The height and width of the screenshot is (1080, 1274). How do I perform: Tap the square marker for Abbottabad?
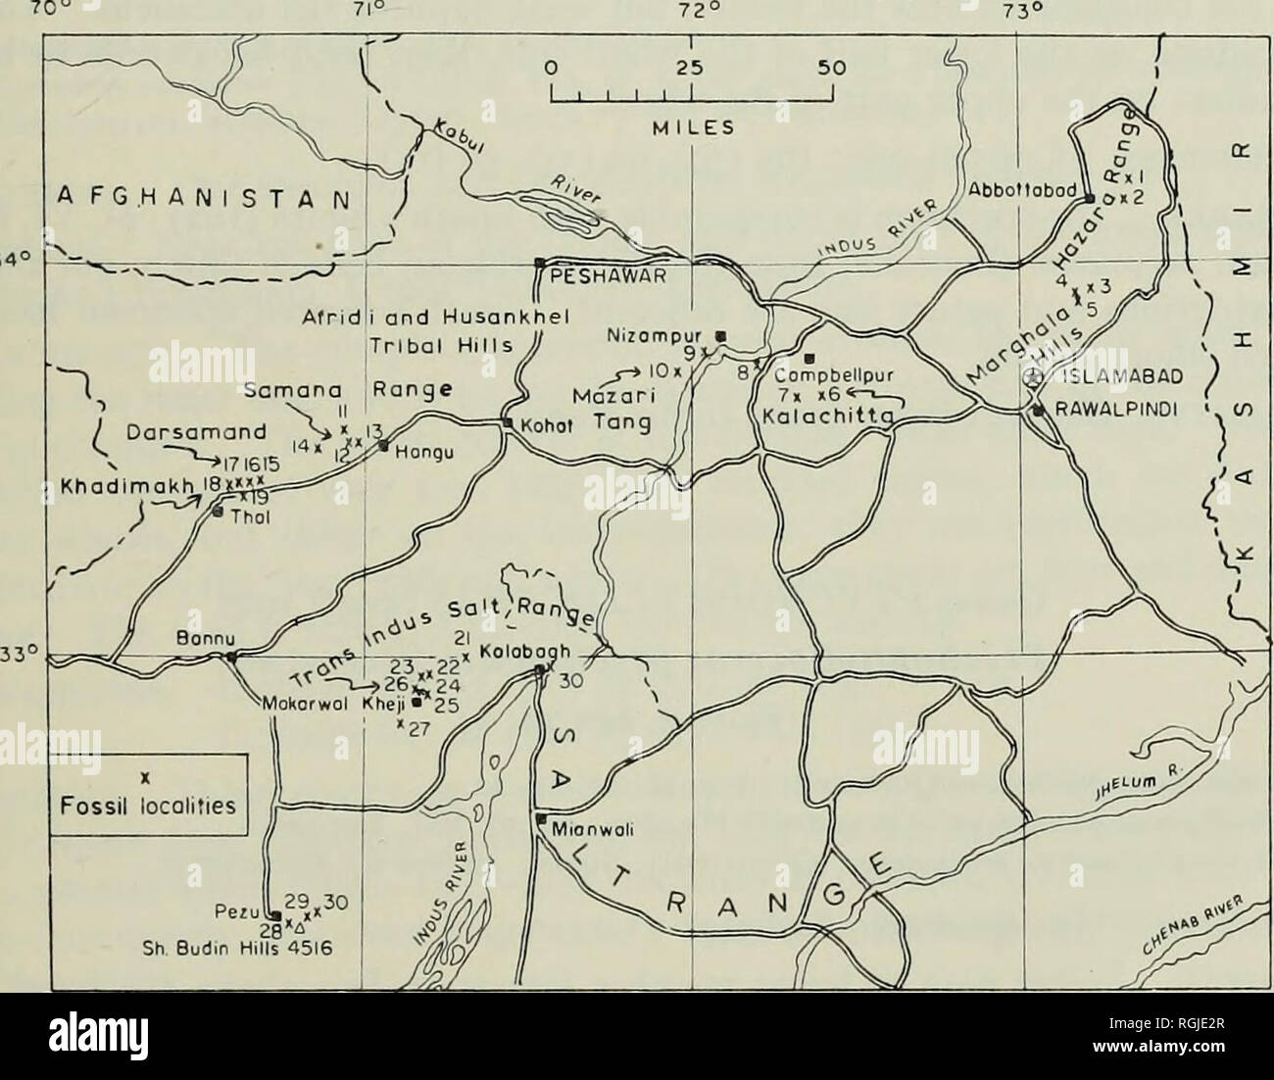pos(1089,198)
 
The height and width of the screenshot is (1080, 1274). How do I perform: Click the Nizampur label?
pos(673,333)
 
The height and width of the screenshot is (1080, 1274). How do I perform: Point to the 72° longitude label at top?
pos(693,12)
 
